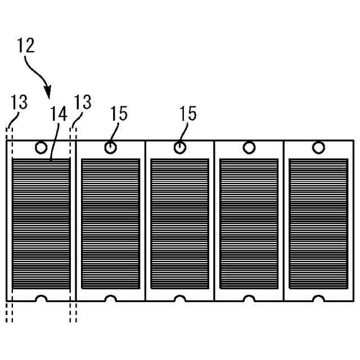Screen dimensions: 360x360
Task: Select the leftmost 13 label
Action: [x=19, y=102]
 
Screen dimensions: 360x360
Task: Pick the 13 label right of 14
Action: [x=83, y=102]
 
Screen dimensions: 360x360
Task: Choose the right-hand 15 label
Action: [x=187, y=114]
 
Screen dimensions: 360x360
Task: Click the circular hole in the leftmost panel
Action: [x=41, y=148]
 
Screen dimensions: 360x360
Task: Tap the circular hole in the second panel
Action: [x=111, y=148]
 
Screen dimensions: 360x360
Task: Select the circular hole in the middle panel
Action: [x=180, y=148]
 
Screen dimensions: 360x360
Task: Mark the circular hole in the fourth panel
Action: [x=249, y=148]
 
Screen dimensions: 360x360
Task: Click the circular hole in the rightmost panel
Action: [x=318, y=148]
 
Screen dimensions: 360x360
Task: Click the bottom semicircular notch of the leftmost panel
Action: [x=41, y=298]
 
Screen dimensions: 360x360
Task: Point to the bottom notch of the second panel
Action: [x=111, y=298]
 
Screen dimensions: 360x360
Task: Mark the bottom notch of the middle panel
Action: [x=180, y=298]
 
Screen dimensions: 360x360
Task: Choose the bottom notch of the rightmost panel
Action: [x=318, y=298]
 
